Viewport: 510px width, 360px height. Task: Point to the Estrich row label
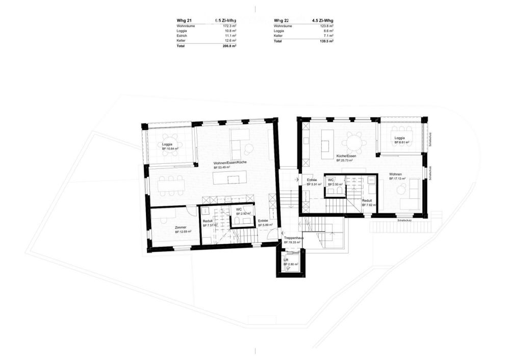coord(182,36)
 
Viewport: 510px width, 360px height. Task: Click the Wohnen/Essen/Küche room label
coord(230,162)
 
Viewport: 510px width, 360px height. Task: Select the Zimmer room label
coord(181,227)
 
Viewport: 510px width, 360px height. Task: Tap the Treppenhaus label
coord(294,238)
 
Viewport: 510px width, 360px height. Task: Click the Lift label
coord(286,260)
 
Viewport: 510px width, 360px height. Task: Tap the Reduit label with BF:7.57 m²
coord(208,221)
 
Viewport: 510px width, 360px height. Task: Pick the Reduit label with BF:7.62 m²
coord(367,201)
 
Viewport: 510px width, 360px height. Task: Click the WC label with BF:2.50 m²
coord(331,179)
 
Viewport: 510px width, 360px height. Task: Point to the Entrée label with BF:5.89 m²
coord(263,221)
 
